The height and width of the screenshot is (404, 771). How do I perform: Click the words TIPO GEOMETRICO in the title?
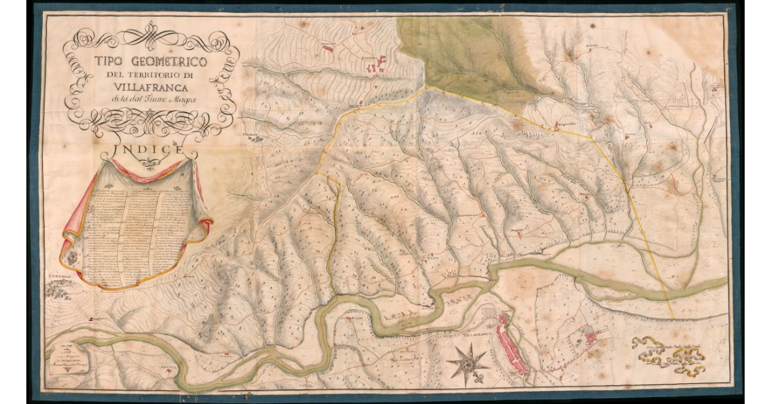[150, 62]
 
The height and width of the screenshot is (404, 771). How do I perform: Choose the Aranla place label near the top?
[591, 46]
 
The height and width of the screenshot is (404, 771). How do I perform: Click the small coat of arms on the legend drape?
[72, 258]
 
